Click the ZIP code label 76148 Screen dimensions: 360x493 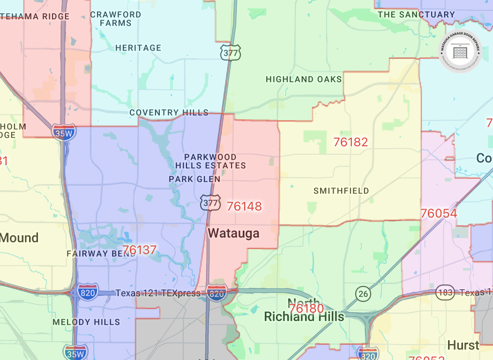[x=244, y=206]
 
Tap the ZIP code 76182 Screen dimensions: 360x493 [x=351, y=142]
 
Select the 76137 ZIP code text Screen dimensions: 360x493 [x=139, y=250]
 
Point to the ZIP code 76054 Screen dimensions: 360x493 [x=439, y=214]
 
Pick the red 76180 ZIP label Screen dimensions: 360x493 [x=306, y=308]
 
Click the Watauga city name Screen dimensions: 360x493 [x=233, y=233]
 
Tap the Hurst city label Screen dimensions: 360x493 [x=463, y=345]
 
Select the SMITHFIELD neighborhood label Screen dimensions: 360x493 [x=341, y=191]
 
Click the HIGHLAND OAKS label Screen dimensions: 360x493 [x=304, y=79]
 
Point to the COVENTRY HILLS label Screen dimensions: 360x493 [x=169, y=112]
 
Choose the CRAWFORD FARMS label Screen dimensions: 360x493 [x=115, y=19]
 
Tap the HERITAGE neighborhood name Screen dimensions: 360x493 [x=138, y=48]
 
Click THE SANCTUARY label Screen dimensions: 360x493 [x=416, y=15]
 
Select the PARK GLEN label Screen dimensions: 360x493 [x=194, y=179]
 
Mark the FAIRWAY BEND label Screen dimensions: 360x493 [x=94, y=254]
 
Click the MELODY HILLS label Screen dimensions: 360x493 [x=86, y=322]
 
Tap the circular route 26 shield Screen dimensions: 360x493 [x=363, y=294]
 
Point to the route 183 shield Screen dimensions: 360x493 [x=445, y=292]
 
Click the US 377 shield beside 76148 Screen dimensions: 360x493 [x=210, y=202]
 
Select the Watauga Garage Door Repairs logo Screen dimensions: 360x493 [x=460, y=51]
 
